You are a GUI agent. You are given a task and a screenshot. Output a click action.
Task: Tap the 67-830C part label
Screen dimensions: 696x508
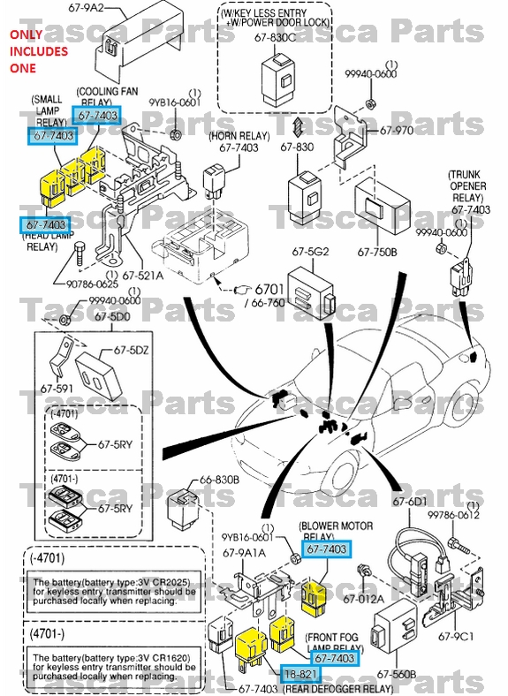pyautogui.click(x=277, y=37)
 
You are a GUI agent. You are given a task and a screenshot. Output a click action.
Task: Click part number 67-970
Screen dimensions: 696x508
pyautogui.click(x=397, y=131)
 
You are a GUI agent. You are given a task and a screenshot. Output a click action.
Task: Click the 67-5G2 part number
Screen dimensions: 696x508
pyautogui.click(x=305, y=253)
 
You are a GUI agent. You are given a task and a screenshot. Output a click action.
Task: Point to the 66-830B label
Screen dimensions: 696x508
pyautogui.click(x=219, y=480)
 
